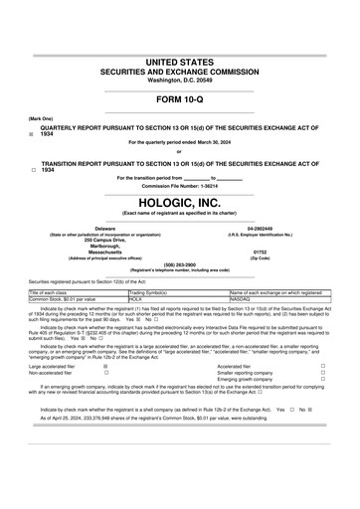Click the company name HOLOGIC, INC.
pyautogui.click(x=179, y=201)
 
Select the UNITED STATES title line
pyautogui.click(x=179, y=63)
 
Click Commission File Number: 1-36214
pyautogui.click(x=179, y=185)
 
